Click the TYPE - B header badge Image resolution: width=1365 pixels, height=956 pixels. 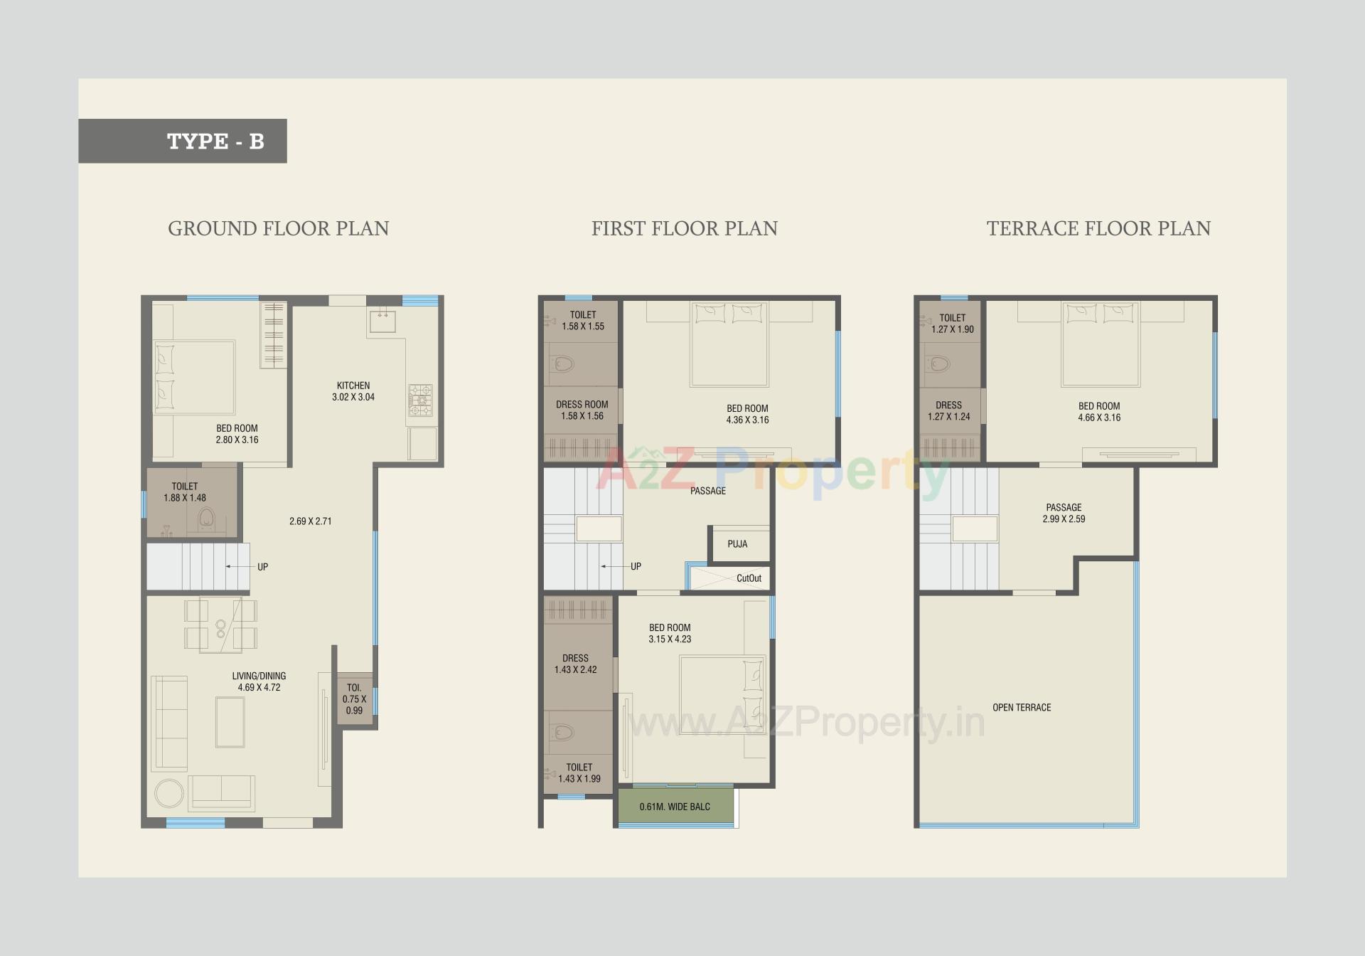(x=183, y=141)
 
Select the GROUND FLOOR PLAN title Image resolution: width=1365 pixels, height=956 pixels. (x=278, y=228)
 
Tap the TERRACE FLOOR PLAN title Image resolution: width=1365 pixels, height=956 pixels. (x=1098, y=228)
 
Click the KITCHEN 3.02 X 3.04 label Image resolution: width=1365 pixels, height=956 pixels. (x=353, y=391)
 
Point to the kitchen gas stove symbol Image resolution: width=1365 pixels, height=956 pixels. (x=420, y=400)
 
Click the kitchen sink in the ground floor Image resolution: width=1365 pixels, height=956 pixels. (x=382, y=321)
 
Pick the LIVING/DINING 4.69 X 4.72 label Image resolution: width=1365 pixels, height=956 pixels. (x=259, y=681)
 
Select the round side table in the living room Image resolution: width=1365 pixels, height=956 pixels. (x=169, y=793)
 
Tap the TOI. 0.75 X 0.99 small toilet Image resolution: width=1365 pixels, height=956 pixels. (x=354, y=699)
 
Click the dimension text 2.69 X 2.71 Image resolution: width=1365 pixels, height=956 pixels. (x=310, y=521)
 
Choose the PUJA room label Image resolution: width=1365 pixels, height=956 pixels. (x=737, y=544)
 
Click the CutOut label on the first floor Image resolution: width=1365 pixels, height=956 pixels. (x=749, y=578)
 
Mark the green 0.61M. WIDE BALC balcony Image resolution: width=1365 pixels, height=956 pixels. (x=675, y=807)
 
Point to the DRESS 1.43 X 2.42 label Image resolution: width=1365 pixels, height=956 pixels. (x=575, y=664)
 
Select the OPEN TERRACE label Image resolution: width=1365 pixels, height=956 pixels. (x=1022, y=708)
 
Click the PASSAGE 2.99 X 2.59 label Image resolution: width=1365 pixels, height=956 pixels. (x=1064, y=513)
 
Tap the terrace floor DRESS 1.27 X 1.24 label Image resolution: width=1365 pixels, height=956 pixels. (x=948, y=410)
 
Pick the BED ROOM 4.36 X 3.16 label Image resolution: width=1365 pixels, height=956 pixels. (x=747, y=414)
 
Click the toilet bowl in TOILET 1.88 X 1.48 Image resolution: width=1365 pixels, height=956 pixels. (x=207, y=517)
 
